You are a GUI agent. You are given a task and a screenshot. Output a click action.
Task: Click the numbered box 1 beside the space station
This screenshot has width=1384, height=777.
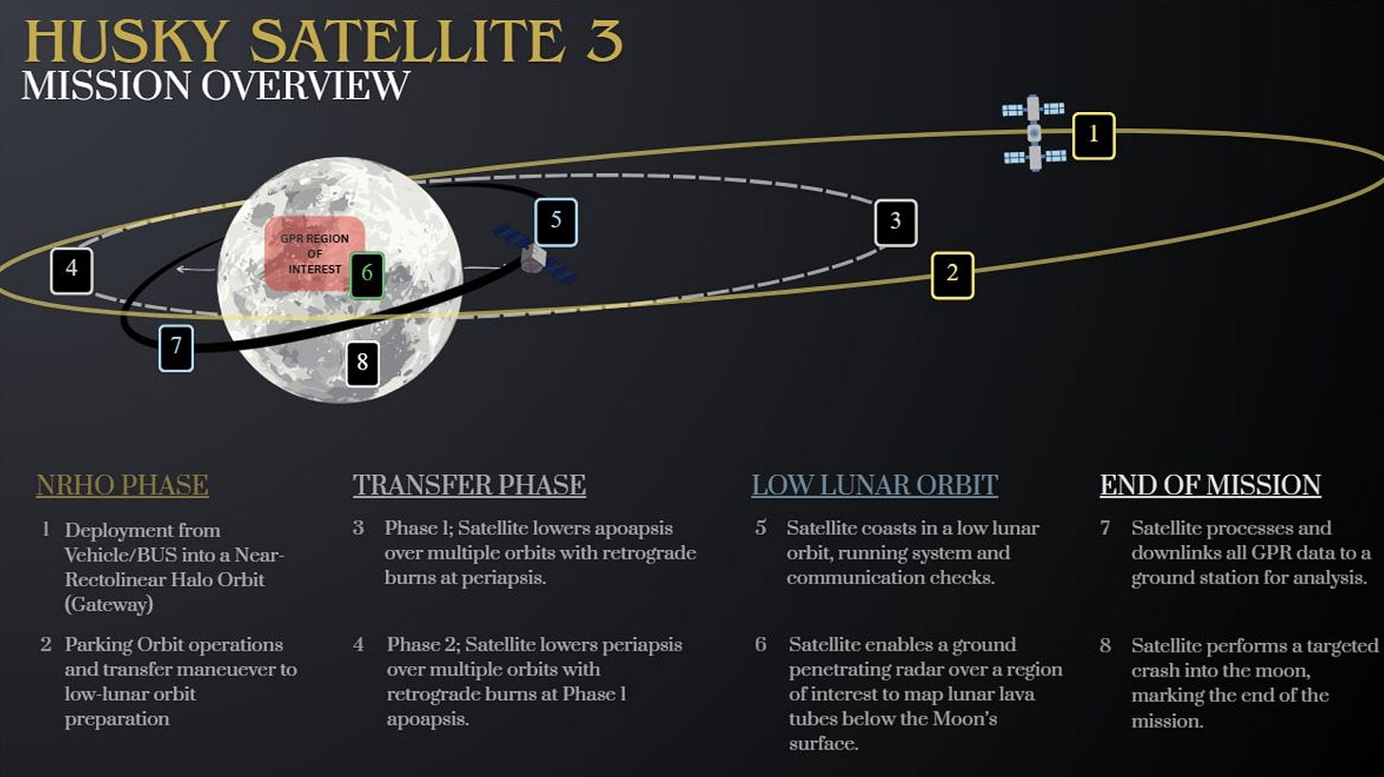pos(1093,135)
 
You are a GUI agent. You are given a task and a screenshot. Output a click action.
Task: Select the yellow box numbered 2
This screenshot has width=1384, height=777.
pos(951,275)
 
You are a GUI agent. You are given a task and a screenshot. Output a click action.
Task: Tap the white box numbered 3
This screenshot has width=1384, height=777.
pos(895,222)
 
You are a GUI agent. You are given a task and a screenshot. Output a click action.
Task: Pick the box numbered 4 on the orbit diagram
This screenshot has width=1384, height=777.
pos(71,270)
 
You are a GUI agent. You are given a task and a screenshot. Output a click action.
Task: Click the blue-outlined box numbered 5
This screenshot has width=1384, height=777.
pos(556,221)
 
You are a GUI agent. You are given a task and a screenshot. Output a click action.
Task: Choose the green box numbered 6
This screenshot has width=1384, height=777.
pos(367,275)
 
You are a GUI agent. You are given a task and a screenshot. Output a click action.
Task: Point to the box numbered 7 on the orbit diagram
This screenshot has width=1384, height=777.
pos(177,347)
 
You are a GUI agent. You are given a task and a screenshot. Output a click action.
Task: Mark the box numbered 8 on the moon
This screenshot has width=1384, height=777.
pos(362,362)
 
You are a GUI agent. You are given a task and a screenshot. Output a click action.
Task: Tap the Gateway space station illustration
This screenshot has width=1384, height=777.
pos(1034,133)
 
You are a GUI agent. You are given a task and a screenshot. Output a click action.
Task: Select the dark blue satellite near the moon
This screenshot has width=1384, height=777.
pos(534,254)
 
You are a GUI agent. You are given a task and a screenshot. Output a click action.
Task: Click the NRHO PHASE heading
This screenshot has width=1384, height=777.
pos(122,485)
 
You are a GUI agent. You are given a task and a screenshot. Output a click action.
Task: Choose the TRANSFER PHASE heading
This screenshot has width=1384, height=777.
pos(469,485)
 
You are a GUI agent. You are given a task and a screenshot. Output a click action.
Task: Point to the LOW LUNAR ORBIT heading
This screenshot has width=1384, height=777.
pos(875,485)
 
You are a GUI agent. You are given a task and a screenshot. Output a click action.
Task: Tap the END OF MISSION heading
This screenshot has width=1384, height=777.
pos(1210,485)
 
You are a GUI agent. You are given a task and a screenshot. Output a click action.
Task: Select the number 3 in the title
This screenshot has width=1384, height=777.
pos(605,42)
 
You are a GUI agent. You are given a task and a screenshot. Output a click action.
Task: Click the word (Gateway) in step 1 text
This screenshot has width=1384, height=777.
pos(109,603)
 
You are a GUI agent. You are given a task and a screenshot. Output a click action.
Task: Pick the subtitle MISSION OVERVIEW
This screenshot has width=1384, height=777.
pos(216,85)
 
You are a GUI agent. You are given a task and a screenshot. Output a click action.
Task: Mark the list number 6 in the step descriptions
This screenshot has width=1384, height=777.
pos(760,645)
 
